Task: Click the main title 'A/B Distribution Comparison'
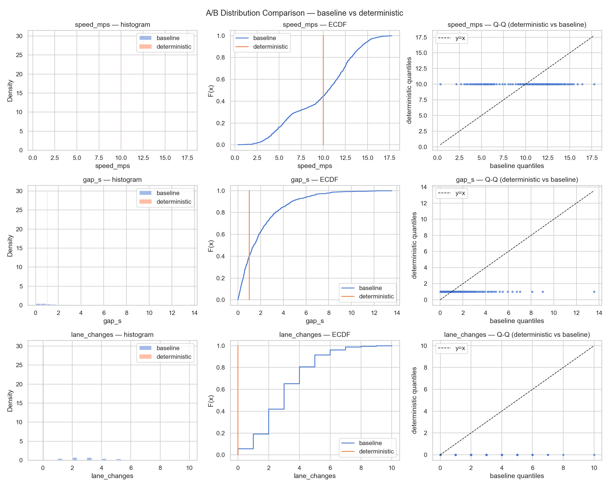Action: (304, 13)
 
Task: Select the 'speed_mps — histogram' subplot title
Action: (112, 25)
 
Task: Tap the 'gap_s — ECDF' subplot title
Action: (315, 180)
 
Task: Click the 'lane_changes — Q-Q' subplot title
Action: (517, 335)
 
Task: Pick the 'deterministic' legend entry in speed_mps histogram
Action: (173, 47)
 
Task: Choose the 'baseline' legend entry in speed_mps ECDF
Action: (264, 38)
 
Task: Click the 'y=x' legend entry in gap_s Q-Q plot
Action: (460, 193)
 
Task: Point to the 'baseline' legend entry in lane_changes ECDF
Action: (370, 443)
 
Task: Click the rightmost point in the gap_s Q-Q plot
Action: (594, 292)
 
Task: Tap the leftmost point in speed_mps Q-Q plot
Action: (440, 84)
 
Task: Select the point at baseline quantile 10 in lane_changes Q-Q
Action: (594, 455)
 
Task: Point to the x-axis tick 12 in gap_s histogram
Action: (172, 313)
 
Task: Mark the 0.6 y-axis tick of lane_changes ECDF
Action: (221, 389)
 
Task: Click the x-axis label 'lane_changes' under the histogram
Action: (112, 476)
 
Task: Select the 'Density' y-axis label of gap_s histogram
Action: (10, 246)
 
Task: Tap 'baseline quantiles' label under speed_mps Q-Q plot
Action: (517, 166)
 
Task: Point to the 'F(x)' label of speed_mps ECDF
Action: (211, 91)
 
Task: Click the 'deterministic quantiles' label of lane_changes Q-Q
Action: (414, 400)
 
